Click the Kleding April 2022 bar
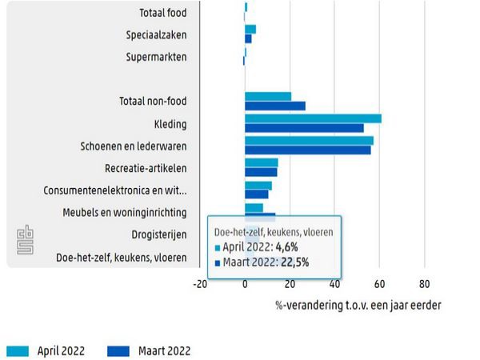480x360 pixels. [313, 118]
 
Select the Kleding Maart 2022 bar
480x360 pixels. [304, 128]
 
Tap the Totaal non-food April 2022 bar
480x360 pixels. [268, 96]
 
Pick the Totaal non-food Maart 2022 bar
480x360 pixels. [275, 106]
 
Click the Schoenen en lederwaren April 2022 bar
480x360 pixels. [309, 141]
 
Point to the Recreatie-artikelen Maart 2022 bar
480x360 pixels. [261, 172]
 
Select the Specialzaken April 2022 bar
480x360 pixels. [250, 29]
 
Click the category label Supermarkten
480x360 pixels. [157, 58]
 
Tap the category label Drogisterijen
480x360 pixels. [159, 234]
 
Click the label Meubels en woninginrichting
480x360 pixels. [125, 213]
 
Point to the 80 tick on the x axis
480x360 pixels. [424, 284]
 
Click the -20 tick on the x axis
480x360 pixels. [200, 284]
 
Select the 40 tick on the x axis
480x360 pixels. [334, 284]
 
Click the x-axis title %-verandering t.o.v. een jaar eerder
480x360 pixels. [358, 305]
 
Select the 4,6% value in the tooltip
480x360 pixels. [286, 247]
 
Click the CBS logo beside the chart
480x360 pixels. [24, 241]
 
